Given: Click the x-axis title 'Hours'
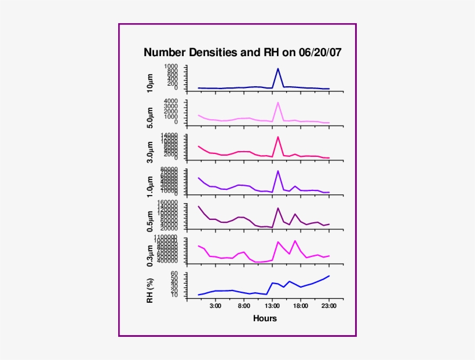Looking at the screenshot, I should [265, 318].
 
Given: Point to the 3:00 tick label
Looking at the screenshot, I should [215, 306].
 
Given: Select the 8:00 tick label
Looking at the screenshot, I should [244, 306].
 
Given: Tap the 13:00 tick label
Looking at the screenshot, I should [272, 306].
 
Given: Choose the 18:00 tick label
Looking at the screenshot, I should [301, 306].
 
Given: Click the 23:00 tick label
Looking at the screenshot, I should [329, 306].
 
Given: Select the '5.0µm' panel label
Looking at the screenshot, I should [151, 117].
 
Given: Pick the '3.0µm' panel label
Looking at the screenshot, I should [151, 152].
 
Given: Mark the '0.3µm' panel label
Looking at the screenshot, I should [151, 255].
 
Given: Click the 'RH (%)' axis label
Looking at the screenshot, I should [151, 289].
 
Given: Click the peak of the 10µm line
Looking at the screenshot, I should [278, 68].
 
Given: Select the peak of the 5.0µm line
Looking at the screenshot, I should [278, 102].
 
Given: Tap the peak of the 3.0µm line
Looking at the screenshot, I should [278, 137].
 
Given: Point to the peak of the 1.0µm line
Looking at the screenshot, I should [278, 171].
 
